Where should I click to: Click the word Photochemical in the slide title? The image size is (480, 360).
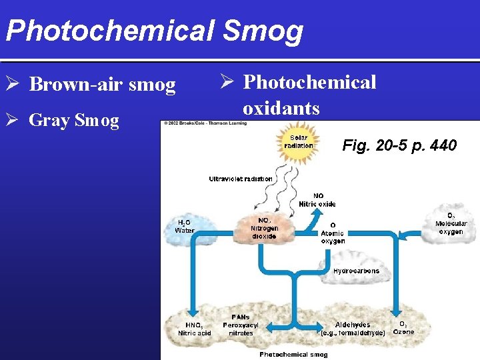coord(108,30)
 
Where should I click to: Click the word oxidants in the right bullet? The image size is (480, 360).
coord(281,108)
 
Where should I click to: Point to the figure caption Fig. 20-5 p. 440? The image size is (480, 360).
coord(399,145)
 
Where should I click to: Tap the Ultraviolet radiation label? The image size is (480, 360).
coord(241,179)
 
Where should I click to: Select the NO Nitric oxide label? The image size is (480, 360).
coord(317,199)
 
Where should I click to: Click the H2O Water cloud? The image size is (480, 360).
coord(185,226)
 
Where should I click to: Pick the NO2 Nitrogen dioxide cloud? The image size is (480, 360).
coord(264,227)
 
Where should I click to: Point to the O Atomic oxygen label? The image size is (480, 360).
coord(333,233)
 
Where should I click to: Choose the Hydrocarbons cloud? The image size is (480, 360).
coord(356,271)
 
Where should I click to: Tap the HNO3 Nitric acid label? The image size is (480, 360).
coord(194,328)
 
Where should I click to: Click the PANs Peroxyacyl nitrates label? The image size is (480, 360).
coord(241,325)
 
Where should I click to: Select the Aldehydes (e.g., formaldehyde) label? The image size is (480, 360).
coord(353,328)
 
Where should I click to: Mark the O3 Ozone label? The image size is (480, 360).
coord(403,327)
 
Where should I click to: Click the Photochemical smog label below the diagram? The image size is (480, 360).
coord(293,354)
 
